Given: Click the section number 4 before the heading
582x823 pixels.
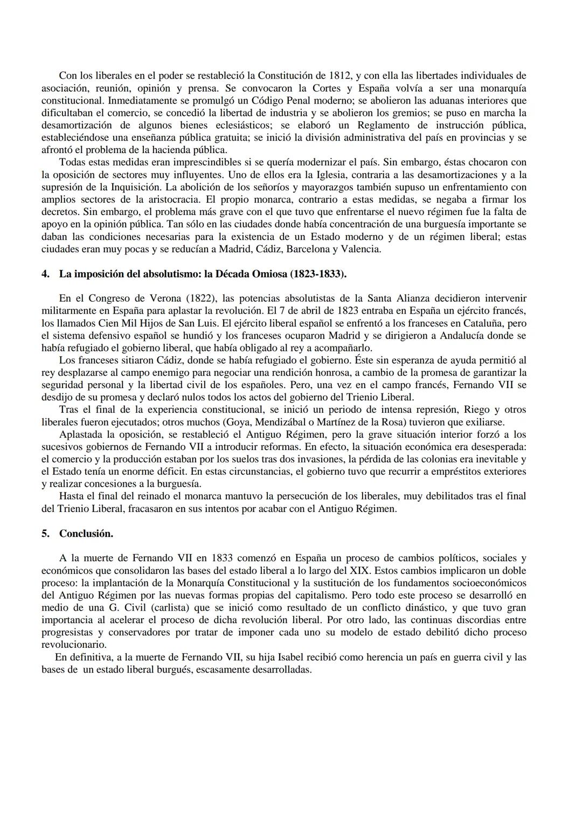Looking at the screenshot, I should (x=45, y=274).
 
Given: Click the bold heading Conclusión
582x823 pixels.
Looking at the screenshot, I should (x=86, y=533).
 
